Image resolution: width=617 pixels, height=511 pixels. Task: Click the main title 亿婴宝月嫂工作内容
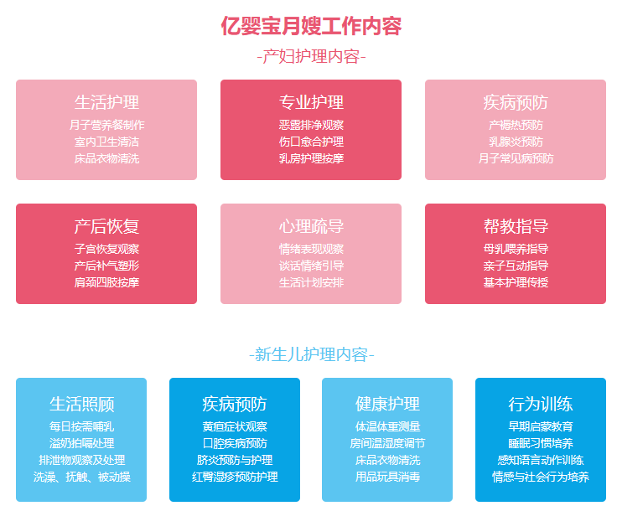click(x=311, y=26)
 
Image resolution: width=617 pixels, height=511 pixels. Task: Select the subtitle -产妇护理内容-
click(x=311, y=57)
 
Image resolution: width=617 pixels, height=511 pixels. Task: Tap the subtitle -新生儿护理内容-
click(x=311, y=354)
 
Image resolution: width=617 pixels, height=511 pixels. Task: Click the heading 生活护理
click(x=106, y=102)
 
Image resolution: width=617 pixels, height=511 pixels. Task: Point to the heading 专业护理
click(x=311, y=102)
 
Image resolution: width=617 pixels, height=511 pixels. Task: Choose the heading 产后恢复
click(x=106, y=226)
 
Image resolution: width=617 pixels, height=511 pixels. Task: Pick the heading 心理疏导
click(x=311, y=226)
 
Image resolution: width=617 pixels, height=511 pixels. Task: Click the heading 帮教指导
click(x=516, y=226)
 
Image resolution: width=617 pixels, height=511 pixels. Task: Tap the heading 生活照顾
click(x=81, y=404)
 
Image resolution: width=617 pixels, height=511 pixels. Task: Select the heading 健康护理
click(x=387, y=404)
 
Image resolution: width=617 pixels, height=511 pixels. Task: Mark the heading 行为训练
click(x=541, y=404)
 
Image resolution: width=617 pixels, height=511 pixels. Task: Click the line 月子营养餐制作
click(x=106, y=125)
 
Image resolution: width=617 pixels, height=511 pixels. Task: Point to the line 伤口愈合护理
click(x=311, y=142)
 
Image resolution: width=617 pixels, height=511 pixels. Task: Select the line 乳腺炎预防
click(x=516, y=142)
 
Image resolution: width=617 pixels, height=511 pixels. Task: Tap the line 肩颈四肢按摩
click(x=106, y=282)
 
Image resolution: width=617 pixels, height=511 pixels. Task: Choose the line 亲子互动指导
click(x=516, y=266)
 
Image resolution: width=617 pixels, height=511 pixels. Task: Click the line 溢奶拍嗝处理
click(x=81, y=443)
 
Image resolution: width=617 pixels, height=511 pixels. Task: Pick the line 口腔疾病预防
click(x=235, y=443)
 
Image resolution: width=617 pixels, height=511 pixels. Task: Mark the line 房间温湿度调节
click(x=387, y=443)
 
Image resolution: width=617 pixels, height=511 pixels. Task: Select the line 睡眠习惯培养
click(x=541, y=443)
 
